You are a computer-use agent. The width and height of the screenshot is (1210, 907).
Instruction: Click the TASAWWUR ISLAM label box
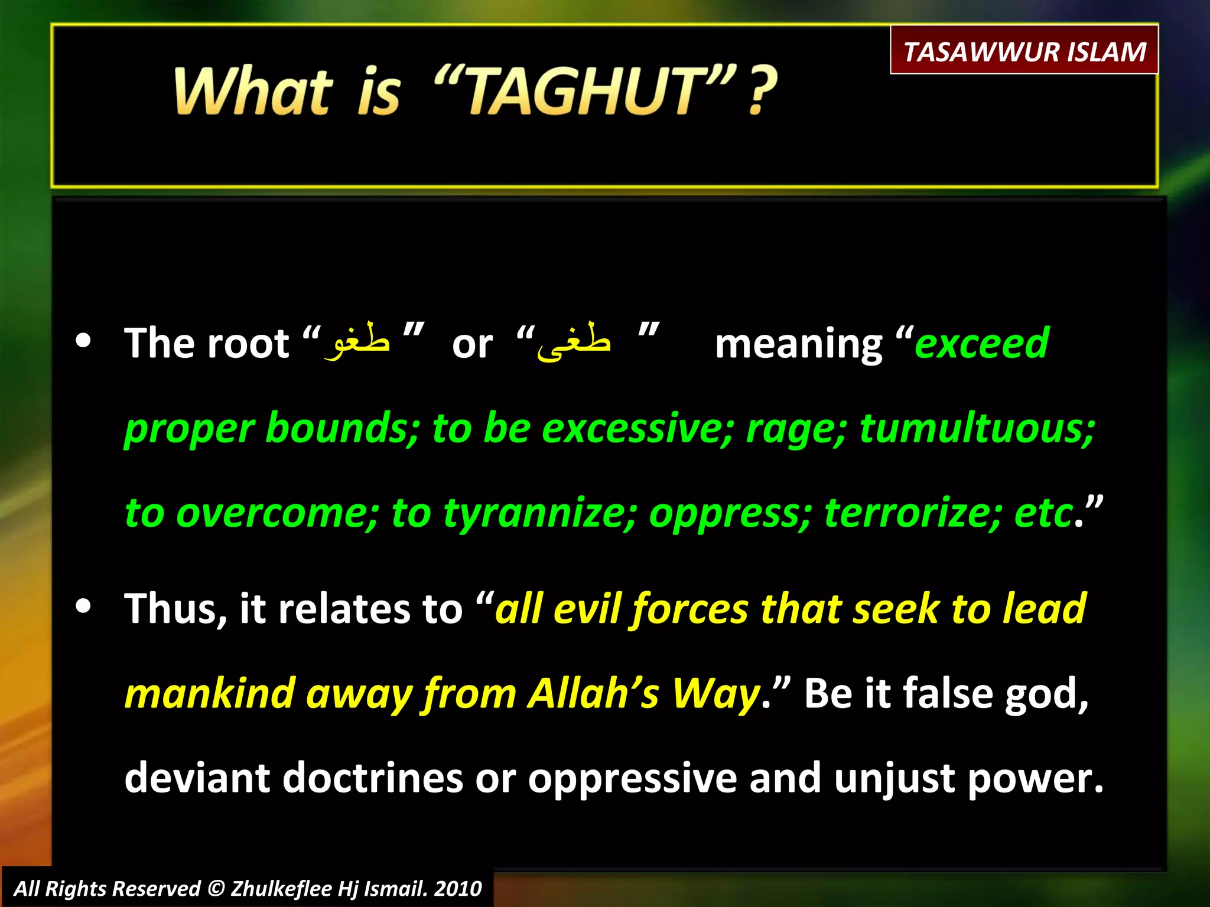coord(1024,51)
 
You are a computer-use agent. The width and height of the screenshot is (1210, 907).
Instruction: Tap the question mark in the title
coord(763,92)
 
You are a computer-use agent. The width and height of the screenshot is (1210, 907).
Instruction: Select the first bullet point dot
coord(84,341)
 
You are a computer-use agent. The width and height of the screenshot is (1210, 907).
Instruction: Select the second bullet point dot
coord(84,606)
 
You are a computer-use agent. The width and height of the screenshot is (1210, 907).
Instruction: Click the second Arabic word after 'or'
coord(573,341)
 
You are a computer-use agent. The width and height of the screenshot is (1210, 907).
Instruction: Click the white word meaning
coord(798,344)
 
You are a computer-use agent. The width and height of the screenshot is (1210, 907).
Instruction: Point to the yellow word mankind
coord(210,693)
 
